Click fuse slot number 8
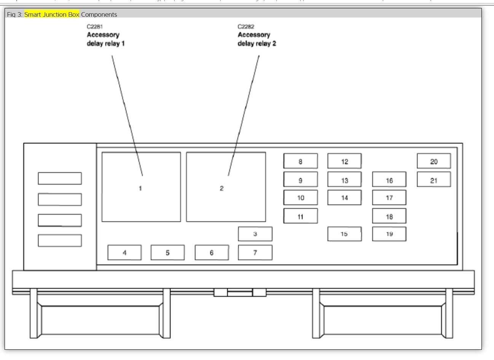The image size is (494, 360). click(x=300, y=161)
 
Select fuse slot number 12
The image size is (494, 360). click(x=344, y=161)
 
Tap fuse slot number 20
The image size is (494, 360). click(x=433, y=161)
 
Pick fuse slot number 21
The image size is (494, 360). click(x=433, y=180)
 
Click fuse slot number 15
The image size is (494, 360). click(x=344, y=234)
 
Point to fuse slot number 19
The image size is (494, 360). click(x=389, y=234)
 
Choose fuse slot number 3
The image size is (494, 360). click(x=255, y=234)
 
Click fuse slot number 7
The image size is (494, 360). click(x=255, y=252)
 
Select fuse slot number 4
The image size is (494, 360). click(x=124, y=252)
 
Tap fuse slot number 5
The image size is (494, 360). click(x=167, y=252)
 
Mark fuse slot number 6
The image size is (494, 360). click(x=212, y=252)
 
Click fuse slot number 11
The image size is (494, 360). click(x=300, y=216)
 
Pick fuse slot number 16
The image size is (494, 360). click(x=389, y=180)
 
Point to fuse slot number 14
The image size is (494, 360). click(x=344, y=198)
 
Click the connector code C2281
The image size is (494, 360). click(x=95, y=27)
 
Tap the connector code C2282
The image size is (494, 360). click(x=246, y=27)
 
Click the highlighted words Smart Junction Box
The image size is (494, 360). click(x=52, y=14)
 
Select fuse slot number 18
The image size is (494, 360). click(x=389, y=216)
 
